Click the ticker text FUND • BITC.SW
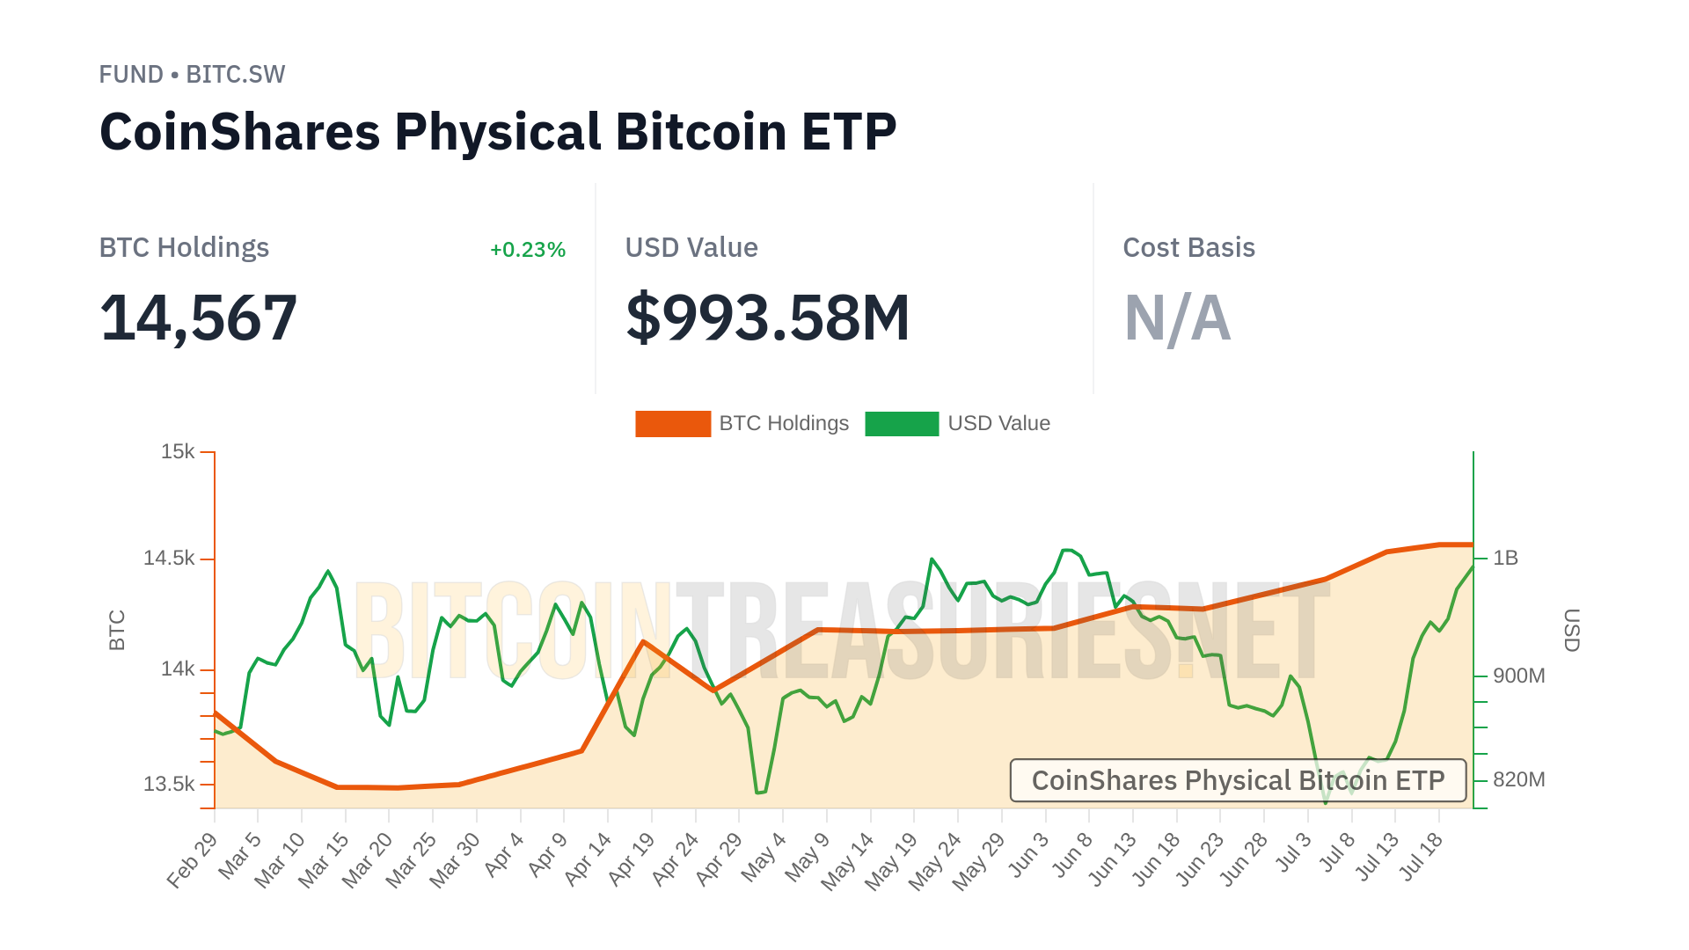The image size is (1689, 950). click(192, 75)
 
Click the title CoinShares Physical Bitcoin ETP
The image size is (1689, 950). click(498, 132)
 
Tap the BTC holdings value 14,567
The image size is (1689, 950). click(199, 318)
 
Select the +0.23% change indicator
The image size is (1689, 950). click(527, 250)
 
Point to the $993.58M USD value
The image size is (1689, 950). click(767, 318)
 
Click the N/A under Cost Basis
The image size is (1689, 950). click(1177, 318)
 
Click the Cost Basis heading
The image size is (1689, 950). click(1188, 248)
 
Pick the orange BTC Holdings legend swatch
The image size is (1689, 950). click(673, 424)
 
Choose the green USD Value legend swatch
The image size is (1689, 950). click(902, 424)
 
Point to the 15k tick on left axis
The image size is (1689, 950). click(178, 452)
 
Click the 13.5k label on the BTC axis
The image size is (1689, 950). click(169, 784)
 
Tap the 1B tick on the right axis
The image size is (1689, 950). click(1505, 558)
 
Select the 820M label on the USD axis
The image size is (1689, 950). click(1518, 779)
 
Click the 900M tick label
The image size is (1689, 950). click(1518, 676)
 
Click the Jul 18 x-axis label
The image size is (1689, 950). click(1420, 856)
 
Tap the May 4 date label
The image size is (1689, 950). click(764, 857)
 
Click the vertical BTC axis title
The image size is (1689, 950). click(117, 630)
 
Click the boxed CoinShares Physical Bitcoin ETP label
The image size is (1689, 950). click(1238, 780)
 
